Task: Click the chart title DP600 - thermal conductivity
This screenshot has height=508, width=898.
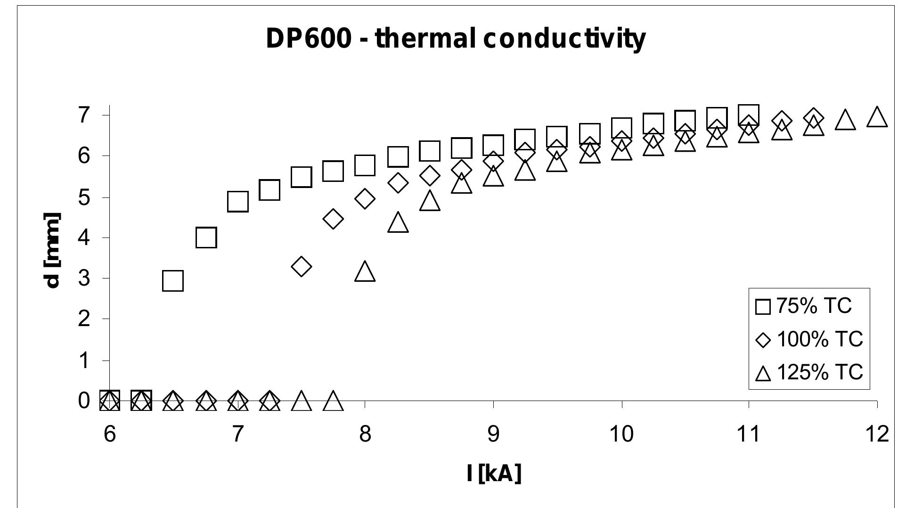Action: coord(455,39)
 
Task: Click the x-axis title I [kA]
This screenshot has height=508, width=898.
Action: coord(494,473)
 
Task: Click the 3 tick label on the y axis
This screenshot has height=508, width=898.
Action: coord(84,278)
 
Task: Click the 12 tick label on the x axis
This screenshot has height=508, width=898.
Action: coord(877,434)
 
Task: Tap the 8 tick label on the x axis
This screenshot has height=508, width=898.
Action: coord(365,434)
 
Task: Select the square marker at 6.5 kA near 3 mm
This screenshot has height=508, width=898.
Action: coord(172,281)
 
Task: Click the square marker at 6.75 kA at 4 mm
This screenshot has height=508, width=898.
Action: coord(206,238)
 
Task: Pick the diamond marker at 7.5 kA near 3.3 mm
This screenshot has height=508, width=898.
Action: coord(302,267)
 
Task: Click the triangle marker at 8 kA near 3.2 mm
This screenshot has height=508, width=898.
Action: coord(365,272)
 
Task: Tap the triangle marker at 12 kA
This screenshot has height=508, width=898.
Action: coord(877,117)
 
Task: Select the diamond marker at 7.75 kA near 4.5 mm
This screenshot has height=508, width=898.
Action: coord(333,219)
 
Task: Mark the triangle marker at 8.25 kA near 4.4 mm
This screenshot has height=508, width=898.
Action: coord(398,222)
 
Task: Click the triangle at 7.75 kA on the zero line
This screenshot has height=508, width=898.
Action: coord(333,401)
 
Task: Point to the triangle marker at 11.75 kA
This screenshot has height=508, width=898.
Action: coord(845,120)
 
